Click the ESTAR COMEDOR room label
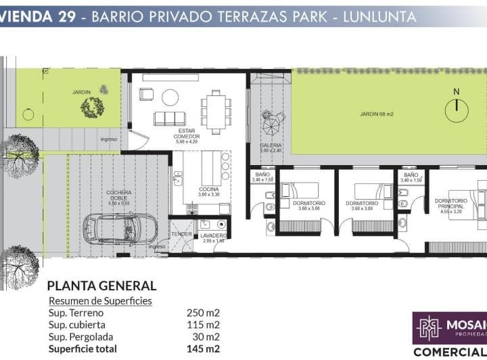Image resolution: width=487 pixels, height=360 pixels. [187, 136]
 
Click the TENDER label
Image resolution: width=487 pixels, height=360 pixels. [181, 233]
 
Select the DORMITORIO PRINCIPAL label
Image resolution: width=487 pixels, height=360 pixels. [451, 204]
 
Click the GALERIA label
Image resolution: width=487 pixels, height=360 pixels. [271, 145]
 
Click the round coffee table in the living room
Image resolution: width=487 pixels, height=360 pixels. [170, 97]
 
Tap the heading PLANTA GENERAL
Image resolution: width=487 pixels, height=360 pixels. [101, 286]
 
